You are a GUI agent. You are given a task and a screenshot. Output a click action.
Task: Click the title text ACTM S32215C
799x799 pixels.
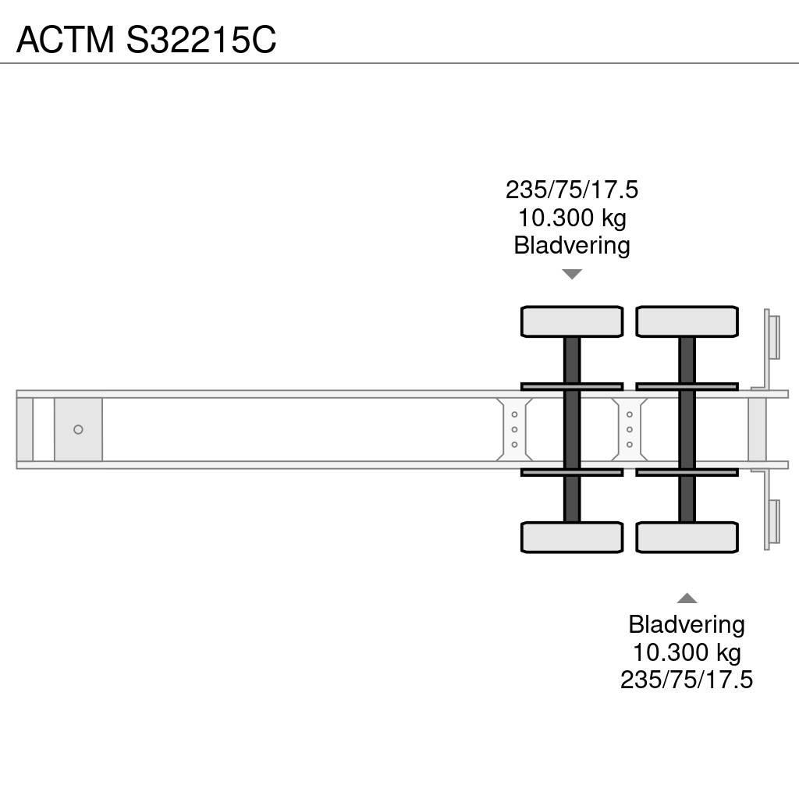click(146, 39)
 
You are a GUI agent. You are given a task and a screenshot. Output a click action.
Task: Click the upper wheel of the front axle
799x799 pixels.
click(572, 321)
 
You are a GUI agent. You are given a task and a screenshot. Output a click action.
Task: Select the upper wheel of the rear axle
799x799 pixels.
click(687, 321)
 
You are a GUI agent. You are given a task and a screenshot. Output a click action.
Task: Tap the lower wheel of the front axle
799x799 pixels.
click(572, 537)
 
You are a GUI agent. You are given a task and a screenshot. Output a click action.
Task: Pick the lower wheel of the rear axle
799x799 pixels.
click(687, 537)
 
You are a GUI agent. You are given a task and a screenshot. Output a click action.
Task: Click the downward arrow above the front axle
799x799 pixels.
click(572, 274)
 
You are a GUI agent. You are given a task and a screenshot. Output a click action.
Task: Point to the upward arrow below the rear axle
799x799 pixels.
click(687, 598)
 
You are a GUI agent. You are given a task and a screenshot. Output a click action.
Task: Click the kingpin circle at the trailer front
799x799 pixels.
click(78, 430)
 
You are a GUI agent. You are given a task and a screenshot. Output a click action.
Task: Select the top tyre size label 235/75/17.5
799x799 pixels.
click(572, 190)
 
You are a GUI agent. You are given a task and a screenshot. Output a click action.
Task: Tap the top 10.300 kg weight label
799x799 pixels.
click(572, 218)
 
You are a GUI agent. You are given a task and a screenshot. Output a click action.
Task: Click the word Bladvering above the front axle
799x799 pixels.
click(572, 246)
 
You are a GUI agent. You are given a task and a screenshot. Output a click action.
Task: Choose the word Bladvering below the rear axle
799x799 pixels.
click(687, 624)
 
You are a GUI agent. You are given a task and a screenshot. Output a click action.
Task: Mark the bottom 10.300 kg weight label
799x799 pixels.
click(687, 652)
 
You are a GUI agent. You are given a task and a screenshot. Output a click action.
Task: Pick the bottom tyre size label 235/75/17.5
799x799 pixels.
click(687, 680)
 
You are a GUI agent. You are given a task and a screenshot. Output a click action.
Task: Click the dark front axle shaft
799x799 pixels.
click(572, 429)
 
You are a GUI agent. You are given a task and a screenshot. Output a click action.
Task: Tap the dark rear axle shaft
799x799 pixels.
click(687, 429)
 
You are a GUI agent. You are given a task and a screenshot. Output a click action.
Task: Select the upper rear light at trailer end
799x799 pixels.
click(772, 336)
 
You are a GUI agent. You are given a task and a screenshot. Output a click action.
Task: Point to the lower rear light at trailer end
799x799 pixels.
click(772, 523)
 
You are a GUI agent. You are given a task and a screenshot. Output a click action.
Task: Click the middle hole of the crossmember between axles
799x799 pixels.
click(630, 430)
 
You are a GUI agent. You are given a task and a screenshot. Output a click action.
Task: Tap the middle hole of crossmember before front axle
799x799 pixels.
click(515, 430)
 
